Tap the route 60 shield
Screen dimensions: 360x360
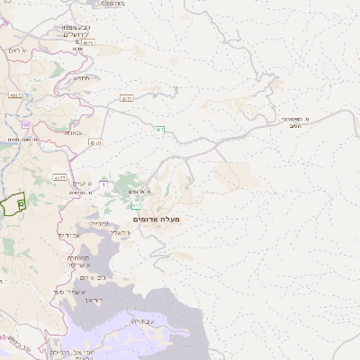tap(26, 124)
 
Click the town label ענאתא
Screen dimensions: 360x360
tap(74, 132)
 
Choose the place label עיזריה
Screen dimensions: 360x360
tap(99, 222)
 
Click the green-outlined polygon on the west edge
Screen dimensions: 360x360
tap(13, 204)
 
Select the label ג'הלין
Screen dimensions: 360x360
tap(120, 232)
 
